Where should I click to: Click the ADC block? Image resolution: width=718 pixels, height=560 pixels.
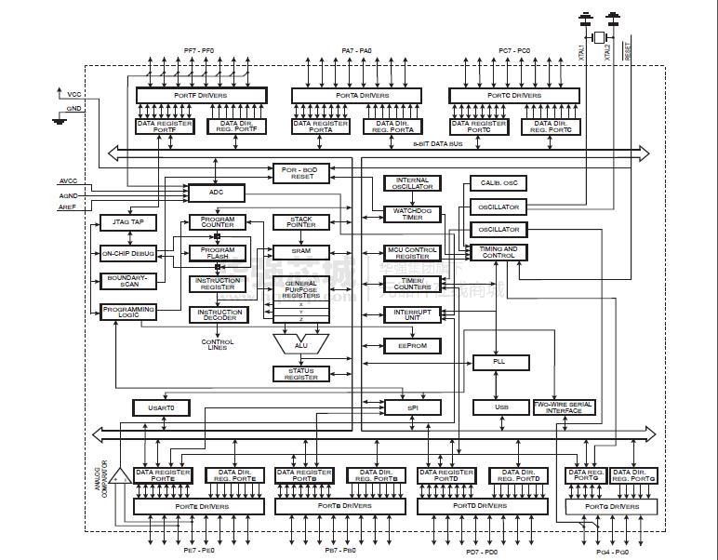click(216, 193)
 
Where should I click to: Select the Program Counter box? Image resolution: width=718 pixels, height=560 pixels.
click(218, 223)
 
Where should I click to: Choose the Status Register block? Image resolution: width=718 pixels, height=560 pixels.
click(300, 373)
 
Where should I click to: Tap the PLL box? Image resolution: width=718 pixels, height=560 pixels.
click(499, 362)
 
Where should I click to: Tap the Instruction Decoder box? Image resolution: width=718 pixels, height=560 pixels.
click(218, 314)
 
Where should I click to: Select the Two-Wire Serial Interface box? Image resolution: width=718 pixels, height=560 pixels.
click(565, 407)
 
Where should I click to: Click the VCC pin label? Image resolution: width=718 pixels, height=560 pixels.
click(73, 95)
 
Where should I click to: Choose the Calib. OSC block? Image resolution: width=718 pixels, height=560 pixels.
click(499, 183)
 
